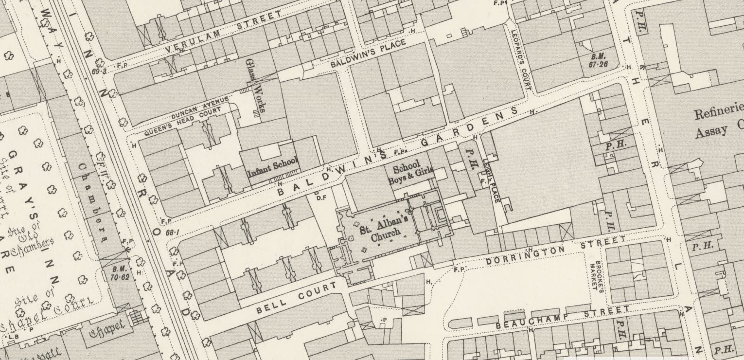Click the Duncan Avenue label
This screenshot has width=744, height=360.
(199, 108)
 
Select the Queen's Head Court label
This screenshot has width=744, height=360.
(182, 122)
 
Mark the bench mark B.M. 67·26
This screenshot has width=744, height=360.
(600, 60)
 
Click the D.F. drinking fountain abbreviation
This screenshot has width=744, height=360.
(321, 198)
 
